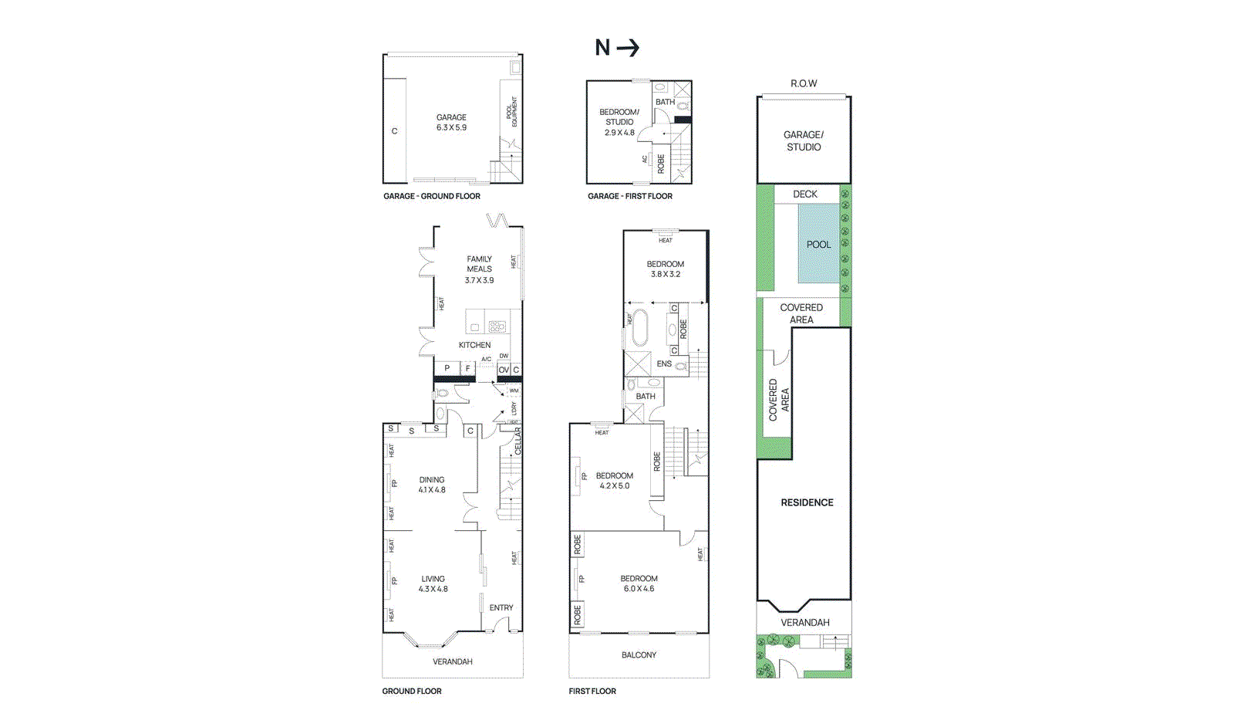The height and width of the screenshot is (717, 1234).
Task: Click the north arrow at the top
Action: (617, 48)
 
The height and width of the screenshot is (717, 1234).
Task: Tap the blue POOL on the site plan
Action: (818, 245)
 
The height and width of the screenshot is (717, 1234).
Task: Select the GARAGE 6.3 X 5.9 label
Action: (451, 123)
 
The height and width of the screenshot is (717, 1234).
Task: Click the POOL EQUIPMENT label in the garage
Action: (511, 112)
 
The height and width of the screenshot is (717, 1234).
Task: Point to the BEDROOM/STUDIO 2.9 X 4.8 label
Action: (619, 122)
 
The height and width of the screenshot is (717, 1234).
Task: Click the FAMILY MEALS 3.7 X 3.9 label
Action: (479, 269)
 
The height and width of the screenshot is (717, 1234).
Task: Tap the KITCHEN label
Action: (474, 345)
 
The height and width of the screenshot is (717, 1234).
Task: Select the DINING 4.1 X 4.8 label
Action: (432, 485)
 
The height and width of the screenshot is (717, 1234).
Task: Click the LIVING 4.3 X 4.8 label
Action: (433, 583)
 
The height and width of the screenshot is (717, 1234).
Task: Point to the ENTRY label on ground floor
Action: (501, 607)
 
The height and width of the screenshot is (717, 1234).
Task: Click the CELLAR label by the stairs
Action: (518, 441)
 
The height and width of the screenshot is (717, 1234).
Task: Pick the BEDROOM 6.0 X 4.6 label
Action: (639, 583)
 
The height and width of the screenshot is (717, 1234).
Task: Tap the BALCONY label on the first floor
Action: (639, 654)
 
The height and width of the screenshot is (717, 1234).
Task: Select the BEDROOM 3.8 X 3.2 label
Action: (665, 269)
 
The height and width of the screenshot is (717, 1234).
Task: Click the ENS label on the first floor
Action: (663, 364)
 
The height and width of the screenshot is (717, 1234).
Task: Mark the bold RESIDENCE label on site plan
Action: (807, 502)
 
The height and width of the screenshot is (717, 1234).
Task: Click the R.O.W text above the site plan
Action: (804, 83)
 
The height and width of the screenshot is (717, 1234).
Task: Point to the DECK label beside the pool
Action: (804, 194)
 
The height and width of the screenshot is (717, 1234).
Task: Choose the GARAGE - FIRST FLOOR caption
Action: (629, 196)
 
